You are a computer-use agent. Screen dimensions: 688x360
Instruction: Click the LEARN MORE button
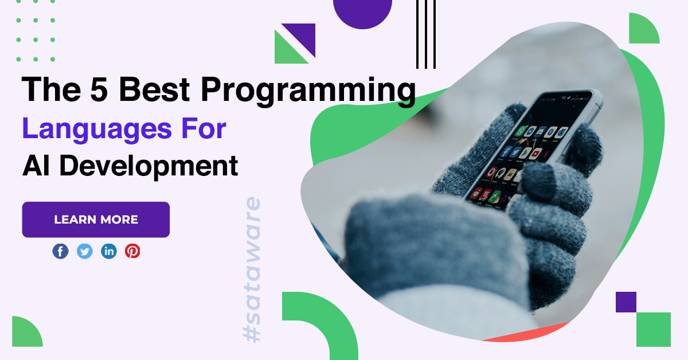(x=96, y=220)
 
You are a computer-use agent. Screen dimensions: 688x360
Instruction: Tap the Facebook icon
(x=60, y=251)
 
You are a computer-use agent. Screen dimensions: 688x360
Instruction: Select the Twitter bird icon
(x=84, y=251)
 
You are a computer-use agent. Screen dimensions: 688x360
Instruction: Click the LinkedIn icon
(x=109, y=251)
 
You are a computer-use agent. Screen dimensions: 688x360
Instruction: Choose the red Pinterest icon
(x=132, y=251)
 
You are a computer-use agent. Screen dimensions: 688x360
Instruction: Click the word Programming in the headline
(x=308, y=91)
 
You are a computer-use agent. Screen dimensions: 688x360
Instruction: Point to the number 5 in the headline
(x=99, y=89)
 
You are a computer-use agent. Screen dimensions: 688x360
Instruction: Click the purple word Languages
(x=97, y=130)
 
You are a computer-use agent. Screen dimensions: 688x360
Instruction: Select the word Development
(x=148, y=166)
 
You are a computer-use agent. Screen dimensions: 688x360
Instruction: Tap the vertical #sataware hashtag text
(x=252, y=269)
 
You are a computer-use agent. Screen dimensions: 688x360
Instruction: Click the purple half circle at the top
(x=362, y=14)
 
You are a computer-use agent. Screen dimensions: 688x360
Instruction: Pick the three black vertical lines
(x=425, y=34)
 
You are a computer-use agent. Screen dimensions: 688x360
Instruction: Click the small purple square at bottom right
(x=626, y=302)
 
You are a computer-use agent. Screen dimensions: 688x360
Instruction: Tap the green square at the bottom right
(x=653, y=330)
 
